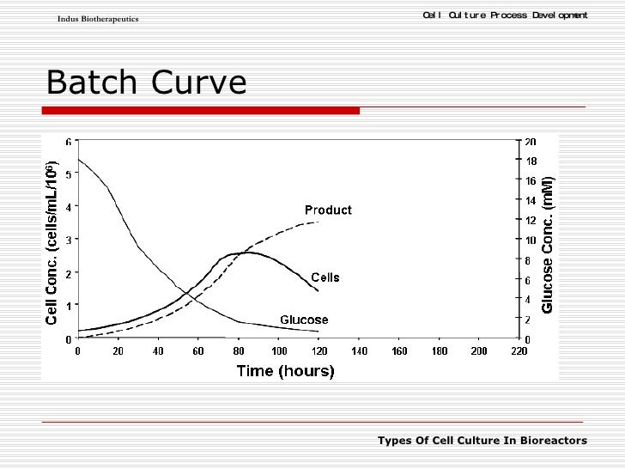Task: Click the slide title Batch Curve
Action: (x=146, y=82)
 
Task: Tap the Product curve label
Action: (x=328, y=210)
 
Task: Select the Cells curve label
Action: (x=325, y=277)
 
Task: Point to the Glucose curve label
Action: (x=304, y=320)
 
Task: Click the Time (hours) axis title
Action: (x=285, y=371)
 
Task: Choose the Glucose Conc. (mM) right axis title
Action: (x=548, y=244)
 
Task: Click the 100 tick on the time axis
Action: (x=278, y=351)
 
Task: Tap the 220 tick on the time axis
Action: (x=519, y=351)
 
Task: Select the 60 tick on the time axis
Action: (x=197, y=351)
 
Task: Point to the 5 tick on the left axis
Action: (x=68, y=174)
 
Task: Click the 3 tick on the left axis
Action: (x=68, y=240)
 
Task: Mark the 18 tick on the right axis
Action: (x=531, y=161)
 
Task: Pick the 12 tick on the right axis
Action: (x=531, y=221)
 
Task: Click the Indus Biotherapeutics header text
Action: (x=98, y=19)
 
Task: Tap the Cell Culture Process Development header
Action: (x=506, y=15)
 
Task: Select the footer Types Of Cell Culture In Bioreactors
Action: (x=482, y=441)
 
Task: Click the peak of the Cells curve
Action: (x=246, y=252)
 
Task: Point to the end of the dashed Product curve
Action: (x=319, y=222)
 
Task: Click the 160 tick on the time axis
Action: (x=398, y=351)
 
